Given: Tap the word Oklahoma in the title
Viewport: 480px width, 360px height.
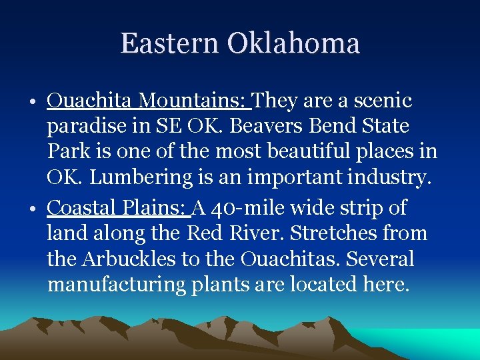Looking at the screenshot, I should tap(293, 43).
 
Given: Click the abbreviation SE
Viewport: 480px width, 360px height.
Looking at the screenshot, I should tap(185, 126).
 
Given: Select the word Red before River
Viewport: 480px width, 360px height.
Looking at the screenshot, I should tap(202, 233).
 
